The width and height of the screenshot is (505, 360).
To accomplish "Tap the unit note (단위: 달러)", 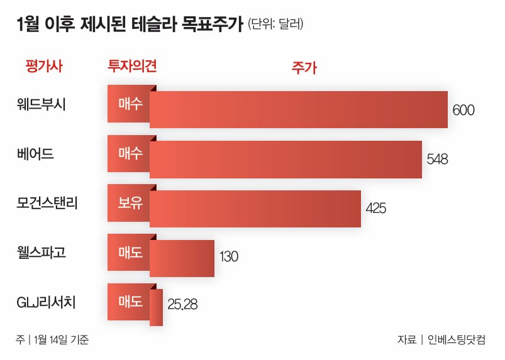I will click(277, 25).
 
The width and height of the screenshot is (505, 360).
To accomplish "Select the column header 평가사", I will click(44, 66).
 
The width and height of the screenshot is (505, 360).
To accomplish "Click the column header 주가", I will click(304, 68).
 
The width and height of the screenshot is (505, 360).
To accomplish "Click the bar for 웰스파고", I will click(182, 258).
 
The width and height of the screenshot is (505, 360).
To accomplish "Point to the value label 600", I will click(463, 111).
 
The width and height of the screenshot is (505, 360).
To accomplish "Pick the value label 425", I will click(375, 208).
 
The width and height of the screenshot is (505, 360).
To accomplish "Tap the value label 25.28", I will click(183, 305).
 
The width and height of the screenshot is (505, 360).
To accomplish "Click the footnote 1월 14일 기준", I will click(61, 340).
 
